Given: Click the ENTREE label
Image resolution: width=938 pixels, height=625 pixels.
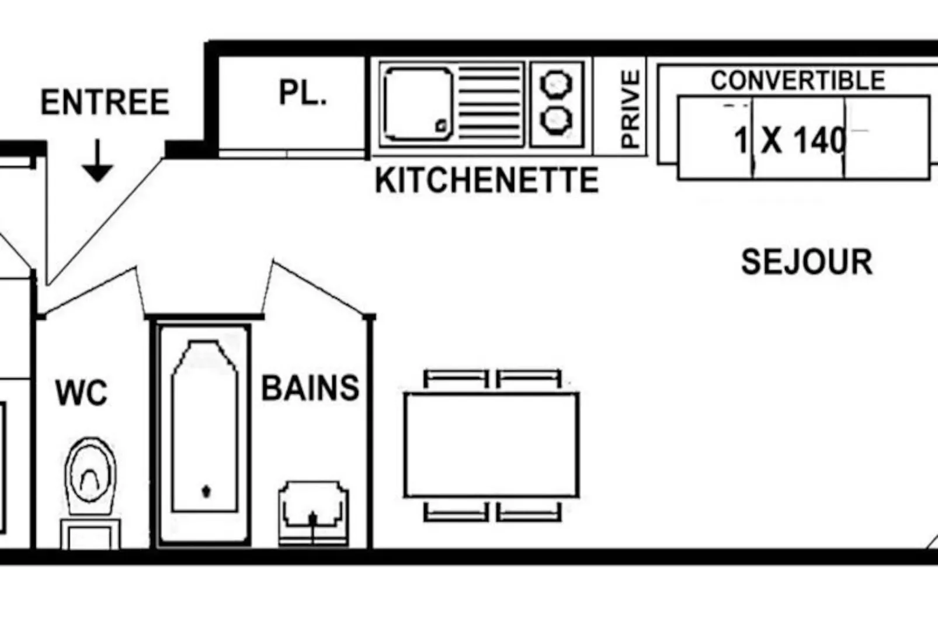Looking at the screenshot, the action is [x=105, y=102].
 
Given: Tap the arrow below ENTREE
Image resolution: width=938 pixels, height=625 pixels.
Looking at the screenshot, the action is [x=98, y=161].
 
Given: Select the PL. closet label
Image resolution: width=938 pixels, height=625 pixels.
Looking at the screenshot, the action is [x=303, y=92].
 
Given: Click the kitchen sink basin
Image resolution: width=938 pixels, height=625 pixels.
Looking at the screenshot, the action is [x=418, y=105].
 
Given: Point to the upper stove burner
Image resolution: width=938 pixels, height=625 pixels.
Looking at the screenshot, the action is [x=556, y=84].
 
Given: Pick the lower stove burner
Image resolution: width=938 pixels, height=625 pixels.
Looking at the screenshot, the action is [x=556, y=120].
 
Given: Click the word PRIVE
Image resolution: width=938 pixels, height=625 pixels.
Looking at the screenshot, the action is [x=631, y=109].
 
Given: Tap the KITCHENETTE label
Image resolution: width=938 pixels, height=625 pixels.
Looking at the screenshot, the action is [x=487, y=180].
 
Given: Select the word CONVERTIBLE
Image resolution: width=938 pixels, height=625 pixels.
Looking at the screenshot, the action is [x=798, y=81].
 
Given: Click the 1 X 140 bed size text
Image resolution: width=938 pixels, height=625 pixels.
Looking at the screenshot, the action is [x=790, y=140].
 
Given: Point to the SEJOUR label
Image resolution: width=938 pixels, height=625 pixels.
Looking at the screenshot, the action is [x=807, y=262].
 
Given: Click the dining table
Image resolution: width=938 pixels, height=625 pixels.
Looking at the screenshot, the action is [x=492, y=445].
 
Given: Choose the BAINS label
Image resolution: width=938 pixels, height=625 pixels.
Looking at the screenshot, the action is [x=310, y=388].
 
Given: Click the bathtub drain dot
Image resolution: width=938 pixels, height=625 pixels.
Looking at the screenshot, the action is [x=206, y=491].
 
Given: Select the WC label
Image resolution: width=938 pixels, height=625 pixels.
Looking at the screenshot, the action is [x=82, y=393].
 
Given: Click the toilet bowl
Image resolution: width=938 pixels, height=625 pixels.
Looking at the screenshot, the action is [x=90, y=476].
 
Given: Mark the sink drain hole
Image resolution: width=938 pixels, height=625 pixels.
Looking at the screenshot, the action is [x=441, y=125].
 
